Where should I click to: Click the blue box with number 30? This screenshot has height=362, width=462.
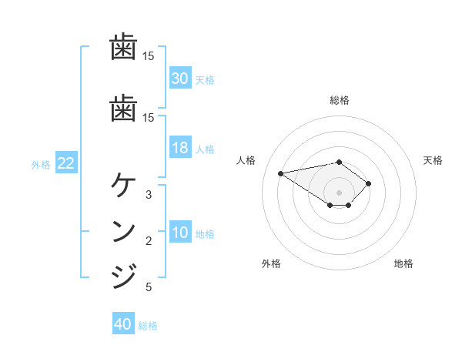pos(180,79)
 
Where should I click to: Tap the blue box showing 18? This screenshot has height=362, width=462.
pos(180,148)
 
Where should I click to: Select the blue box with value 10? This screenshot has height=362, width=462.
pos(180,233)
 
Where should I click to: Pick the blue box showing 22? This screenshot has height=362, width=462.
pos(65,163)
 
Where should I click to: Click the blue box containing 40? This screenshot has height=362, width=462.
pos(123,324)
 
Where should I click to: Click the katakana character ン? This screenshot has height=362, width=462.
pos(124,231)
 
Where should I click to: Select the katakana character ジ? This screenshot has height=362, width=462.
pos(124,275)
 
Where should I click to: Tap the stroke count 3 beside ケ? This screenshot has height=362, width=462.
pos(149,195)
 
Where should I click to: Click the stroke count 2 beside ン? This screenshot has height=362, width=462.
pos(149,241)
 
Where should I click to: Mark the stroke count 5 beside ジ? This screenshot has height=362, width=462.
pos(149,287)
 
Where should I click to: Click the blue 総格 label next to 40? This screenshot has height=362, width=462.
pos(148,326)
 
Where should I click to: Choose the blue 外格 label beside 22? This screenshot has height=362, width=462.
pos(41,164)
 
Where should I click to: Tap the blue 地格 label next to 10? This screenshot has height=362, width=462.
pos(205,234)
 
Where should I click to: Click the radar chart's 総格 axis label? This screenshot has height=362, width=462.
pos(339,100)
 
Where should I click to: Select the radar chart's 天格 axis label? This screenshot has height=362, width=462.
pos(433,160)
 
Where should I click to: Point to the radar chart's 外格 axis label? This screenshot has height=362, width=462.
pos(271,263)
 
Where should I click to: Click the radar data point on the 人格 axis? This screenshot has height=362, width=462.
pos(281,173)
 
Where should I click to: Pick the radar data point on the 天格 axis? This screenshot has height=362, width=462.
pos(369,183)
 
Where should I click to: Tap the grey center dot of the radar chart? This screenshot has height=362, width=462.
pos(339,193)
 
